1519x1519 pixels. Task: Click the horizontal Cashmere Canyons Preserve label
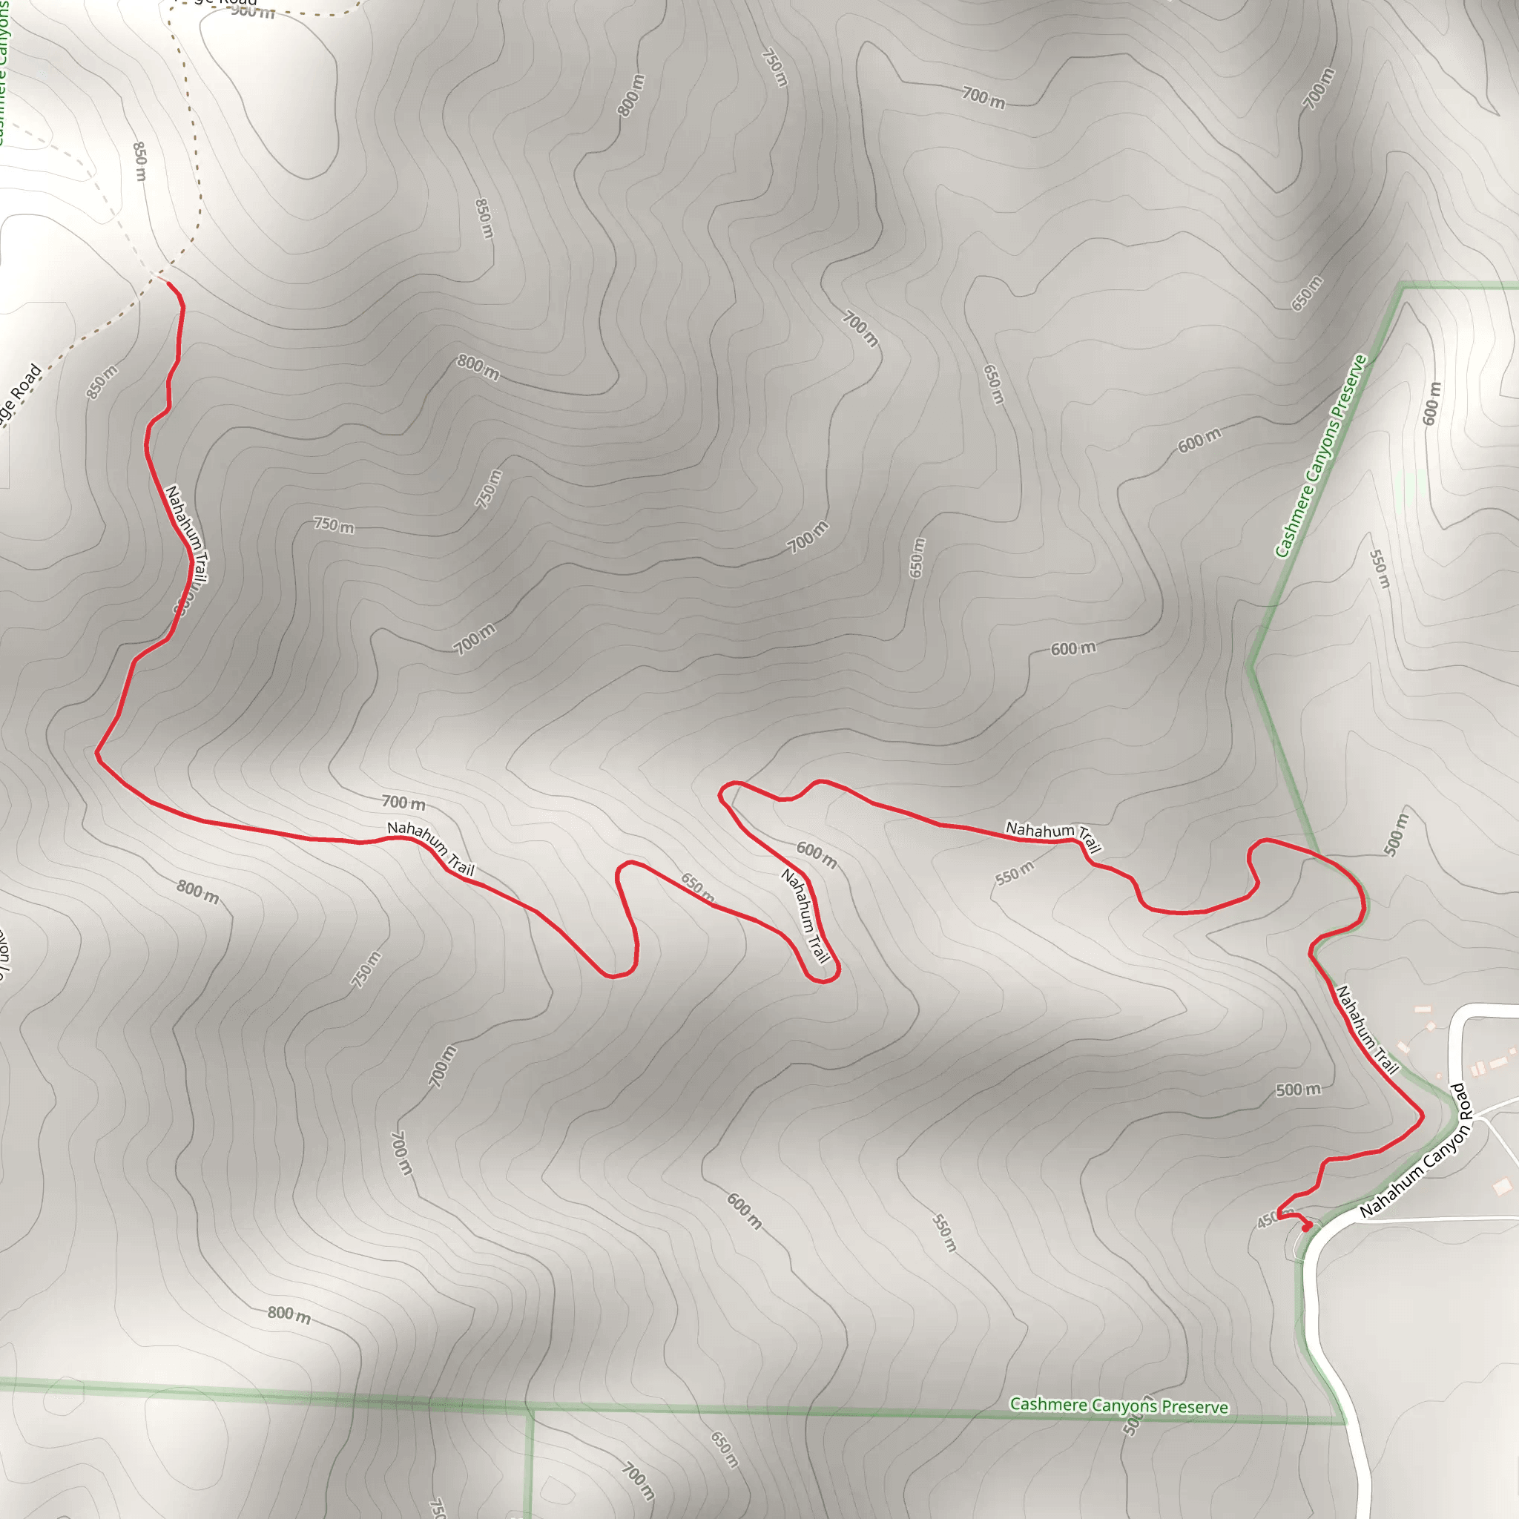1118,1406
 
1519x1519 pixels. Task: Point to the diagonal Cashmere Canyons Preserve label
1320,456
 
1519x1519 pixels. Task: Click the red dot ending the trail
1306,1228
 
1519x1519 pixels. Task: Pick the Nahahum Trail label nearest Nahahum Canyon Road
1367,1030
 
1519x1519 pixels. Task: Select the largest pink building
1503,1186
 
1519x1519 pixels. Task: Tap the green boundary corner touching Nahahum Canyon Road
1345,1422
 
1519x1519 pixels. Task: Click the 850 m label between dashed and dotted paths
140,161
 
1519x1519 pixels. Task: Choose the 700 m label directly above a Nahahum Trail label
403,803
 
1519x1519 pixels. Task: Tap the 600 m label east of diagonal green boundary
1431,403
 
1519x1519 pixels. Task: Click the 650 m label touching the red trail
696,886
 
